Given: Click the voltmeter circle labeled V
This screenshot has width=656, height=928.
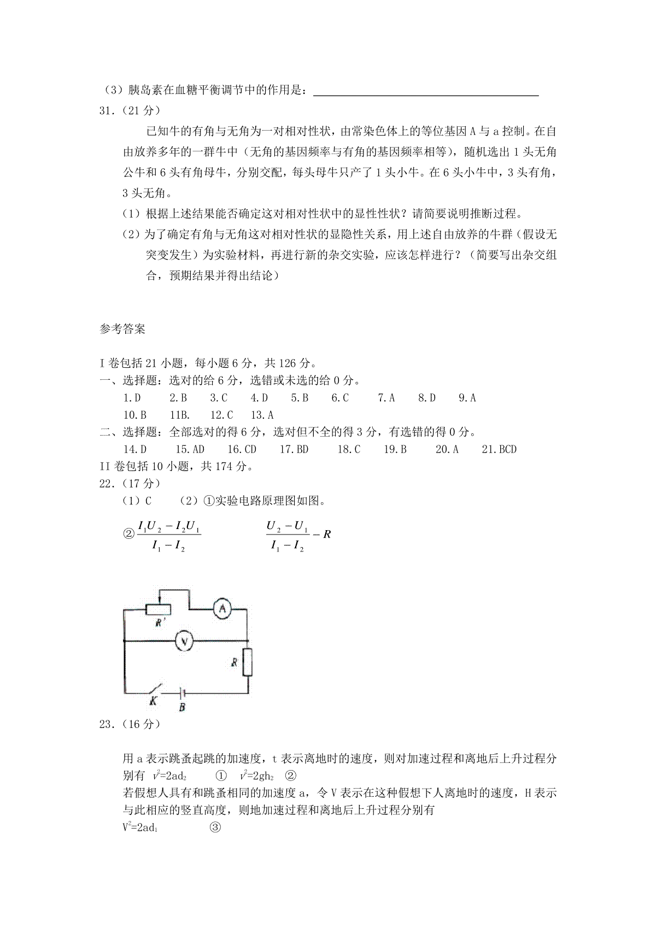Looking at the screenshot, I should [x=184, y=641].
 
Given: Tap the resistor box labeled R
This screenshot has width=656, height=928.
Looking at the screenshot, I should [x=248, y=662].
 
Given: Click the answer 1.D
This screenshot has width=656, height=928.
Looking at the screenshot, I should [x=132, y=398].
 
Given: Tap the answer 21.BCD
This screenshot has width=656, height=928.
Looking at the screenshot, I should [x=499, y=449].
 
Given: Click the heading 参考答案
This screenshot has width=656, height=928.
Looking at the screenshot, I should [x=122, y=329].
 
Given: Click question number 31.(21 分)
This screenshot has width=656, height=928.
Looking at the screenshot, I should [x=130, y=110].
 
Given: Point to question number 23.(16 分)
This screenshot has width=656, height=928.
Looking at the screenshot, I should [x=130, y=724].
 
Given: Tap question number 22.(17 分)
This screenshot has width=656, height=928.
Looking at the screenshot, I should [x=130, y=483].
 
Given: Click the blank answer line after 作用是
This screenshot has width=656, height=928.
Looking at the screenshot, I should [x=426, y=92].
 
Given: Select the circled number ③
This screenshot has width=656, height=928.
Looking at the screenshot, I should [x=215, y=827].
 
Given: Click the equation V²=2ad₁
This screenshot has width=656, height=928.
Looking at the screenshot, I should [x=140, y=827].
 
